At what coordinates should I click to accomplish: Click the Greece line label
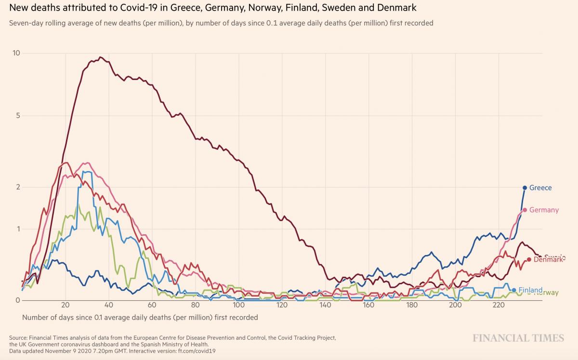[x=540, y=188]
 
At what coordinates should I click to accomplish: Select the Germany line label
[x=544, y=210]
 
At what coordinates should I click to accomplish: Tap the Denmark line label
[x=548, y=260]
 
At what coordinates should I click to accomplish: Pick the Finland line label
[x=530, y=290]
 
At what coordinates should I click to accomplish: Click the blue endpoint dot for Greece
[x=525, y=187]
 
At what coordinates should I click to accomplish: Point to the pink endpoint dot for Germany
[x=525, y=210]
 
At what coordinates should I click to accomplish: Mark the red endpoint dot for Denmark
[x=529, y=259]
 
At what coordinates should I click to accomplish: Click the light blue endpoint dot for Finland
[x=514, y=290]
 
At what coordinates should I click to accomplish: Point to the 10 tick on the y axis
[x=16, y=53]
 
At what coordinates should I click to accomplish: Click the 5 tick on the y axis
[x=18, y=116]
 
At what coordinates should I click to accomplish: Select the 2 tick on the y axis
[x=18, y=187]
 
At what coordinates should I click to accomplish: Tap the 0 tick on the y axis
[x=18, y=300]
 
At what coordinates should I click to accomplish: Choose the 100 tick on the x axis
[x=238, y=305]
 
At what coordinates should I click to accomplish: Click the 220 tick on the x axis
[x=499, y=305]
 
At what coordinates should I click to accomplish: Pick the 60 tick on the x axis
[x=152, y=305]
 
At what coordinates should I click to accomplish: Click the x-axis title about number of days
[x=140, y=318]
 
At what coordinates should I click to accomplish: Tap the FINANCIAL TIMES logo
[x=518, y=338]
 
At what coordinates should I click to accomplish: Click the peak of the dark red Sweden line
[x=100, y=57]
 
